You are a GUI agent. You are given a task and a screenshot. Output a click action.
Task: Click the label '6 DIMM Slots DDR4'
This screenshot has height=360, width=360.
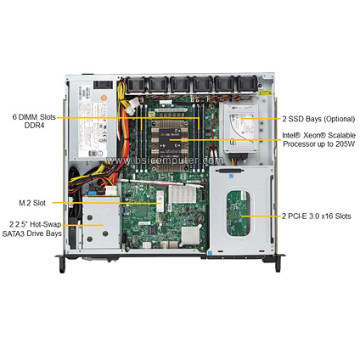click(x=34, y=121)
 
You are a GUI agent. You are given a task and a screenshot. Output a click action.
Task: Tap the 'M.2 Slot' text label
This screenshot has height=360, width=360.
click(x=32, y=203)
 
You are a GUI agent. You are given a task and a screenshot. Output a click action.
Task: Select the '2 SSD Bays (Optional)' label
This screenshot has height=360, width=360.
click(x=318, y=119)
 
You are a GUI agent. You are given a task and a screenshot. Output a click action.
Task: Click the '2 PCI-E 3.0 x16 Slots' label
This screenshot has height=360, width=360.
click(x=317, y=217)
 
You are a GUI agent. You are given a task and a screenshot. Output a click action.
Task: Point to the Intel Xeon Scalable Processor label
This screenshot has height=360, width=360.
click(x=319, y=139)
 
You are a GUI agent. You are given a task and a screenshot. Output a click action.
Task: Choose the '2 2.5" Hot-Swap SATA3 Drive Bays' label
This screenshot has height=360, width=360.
click(x=31, y=228)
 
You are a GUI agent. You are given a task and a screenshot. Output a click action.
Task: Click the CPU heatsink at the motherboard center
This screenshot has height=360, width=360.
click(x=170, y=145)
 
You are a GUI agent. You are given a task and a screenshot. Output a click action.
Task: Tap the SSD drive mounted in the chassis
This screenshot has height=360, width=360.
click(x=241, y=128)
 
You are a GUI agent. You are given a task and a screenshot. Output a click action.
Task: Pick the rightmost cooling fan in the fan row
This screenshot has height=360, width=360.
click(x=248, y=84)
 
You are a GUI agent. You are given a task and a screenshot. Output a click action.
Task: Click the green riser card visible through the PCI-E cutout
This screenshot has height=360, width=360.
click(x=239, y=213)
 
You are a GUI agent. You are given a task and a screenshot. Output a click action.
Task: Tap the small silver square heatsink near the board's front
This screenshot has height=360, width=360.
click(x=189, y=235)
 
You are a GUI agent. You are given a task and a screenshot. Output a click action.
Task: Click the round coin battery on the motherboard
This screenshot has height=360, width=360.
click(x=200, y=218)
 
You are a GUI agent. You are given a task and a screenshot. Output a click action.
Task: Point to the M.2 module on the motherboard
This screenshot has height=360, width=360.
click(x=160, y=201)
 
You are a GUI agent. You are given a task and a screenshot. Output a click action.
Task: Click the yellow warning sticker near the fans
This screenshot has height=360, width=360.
click(x=266, y=93)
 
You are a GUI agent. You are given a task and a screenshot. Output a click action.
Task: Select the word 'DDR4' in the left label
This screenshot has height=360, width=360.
click(x=34, y=126)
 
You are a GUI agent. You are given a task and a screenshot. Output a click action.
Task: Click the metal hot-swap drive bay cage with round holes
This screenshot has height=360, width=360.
click(x=101, y=222)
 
